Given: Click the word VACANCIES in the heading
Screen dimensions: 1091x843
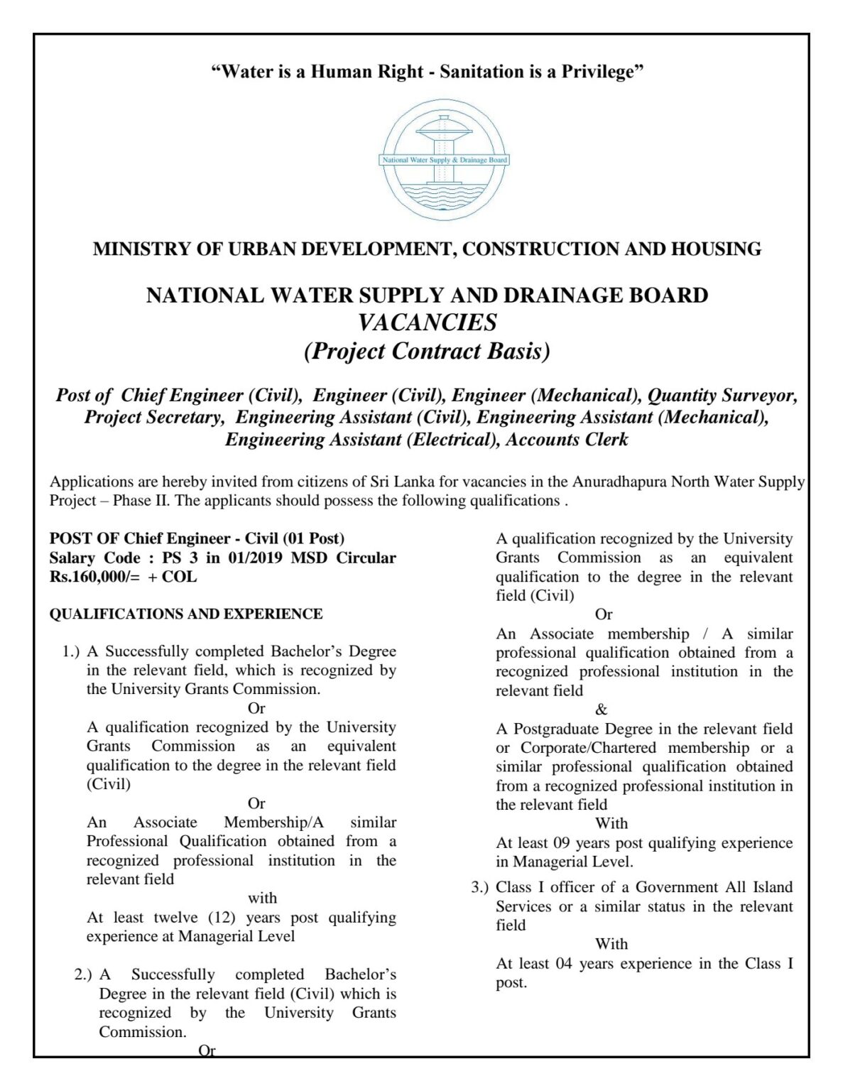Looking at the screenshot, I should point(427,322).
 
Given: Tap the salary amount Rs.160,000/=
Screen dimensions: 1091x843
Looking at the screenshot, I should point(95,577).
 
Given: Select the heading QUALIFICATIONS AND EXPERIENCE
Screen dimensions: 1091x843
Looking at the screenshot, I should point(185,614).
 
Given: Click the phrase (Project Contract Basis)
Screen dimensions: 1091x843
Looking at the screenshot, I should point(427,351).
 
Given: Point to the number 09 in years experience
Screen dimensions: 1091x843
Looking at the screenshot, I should point(560,843).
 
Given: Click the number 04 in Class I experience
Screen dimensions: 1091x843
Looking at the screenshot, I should point(560,964).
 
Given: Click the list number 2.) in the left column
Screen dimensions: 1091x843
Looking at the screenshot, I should point(84,975).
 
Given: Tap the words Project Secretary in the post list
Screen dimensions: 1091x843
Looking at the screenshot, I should point(153,417).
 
